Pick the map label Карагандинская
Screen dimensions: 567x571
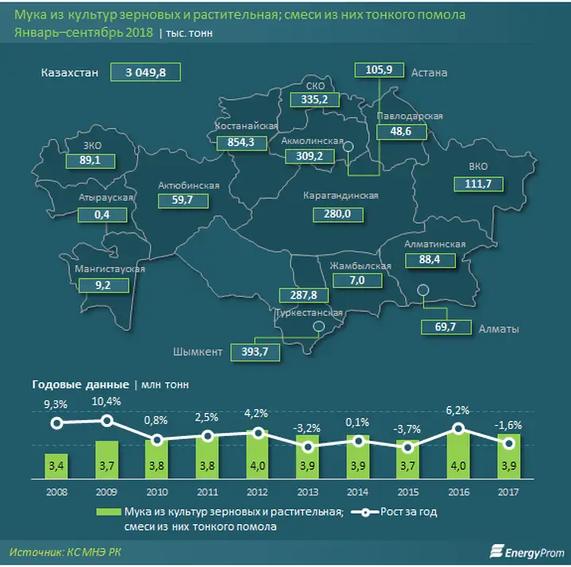[341, 195]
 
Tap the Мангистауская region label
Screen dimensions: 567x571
[109, 268]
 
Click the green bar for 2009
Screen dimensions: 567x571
[108, 459]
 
